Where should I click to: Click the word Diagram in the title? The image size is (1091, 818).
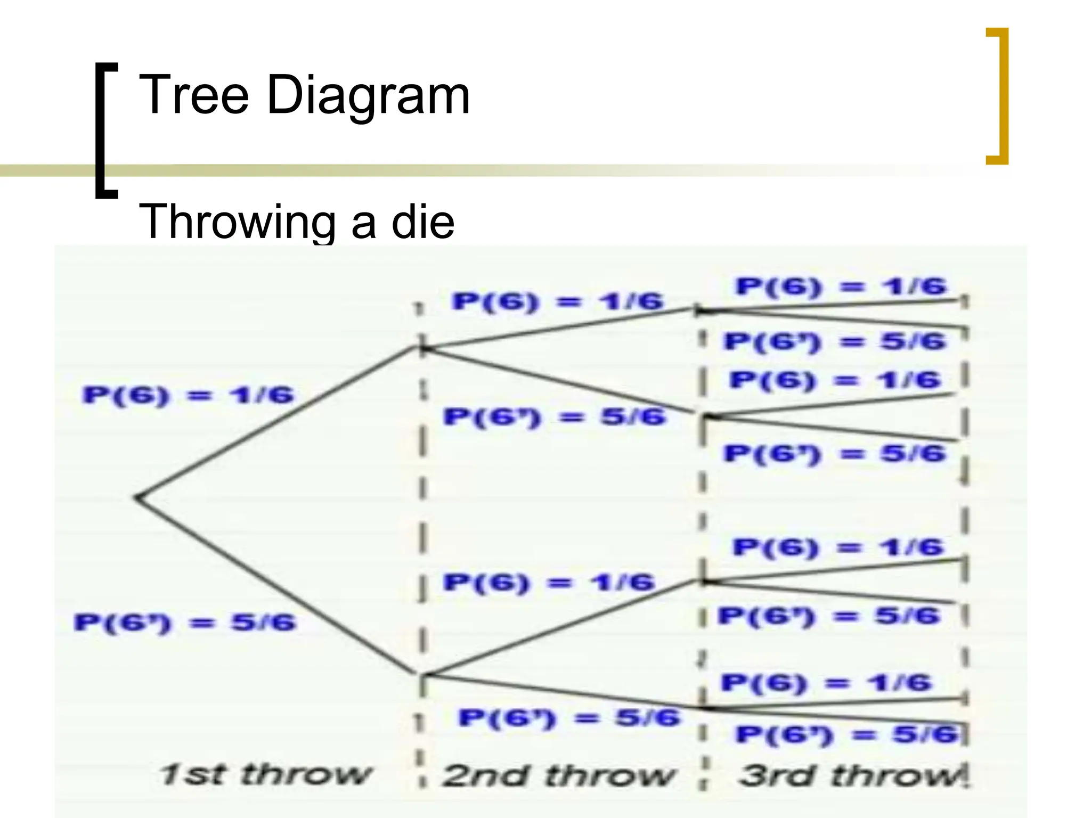coord(368,96)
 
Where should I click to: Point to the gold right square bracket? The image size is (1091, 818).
coord(997,96)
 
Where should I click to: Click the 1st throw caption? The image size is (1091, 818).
coord(265,774)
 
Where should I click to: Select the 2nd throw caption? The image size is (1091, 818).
coord(558,775)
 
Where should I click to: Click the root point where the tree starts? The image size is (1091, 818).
coord(137,497)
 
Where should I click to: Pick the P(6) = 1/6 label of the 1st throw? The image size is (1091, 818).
coord(188,395)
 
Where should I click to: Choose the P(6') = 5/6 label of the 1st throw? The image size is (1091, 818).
coord(184,622)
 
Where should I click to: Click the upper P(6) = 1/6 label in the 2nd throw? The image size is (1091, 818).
coord(557,302)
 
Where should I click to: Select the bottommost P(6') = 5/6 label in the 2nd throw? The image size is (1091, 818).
coord(569,718)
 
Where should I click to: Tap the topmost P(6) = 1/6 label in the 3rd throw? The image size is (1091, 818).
coord(841,287)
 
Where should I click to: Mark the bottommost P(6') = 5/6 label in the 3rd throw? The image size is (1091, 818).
coord(847,735)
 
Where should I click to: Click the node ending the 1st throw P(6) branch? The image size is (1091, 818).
coord(423,348)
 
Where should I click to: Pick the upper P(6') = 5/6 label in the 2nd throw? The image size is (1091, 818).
coord(554,416)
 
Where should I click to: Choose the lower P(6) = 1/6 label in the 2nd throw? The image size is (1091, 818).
coord(549,582)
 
